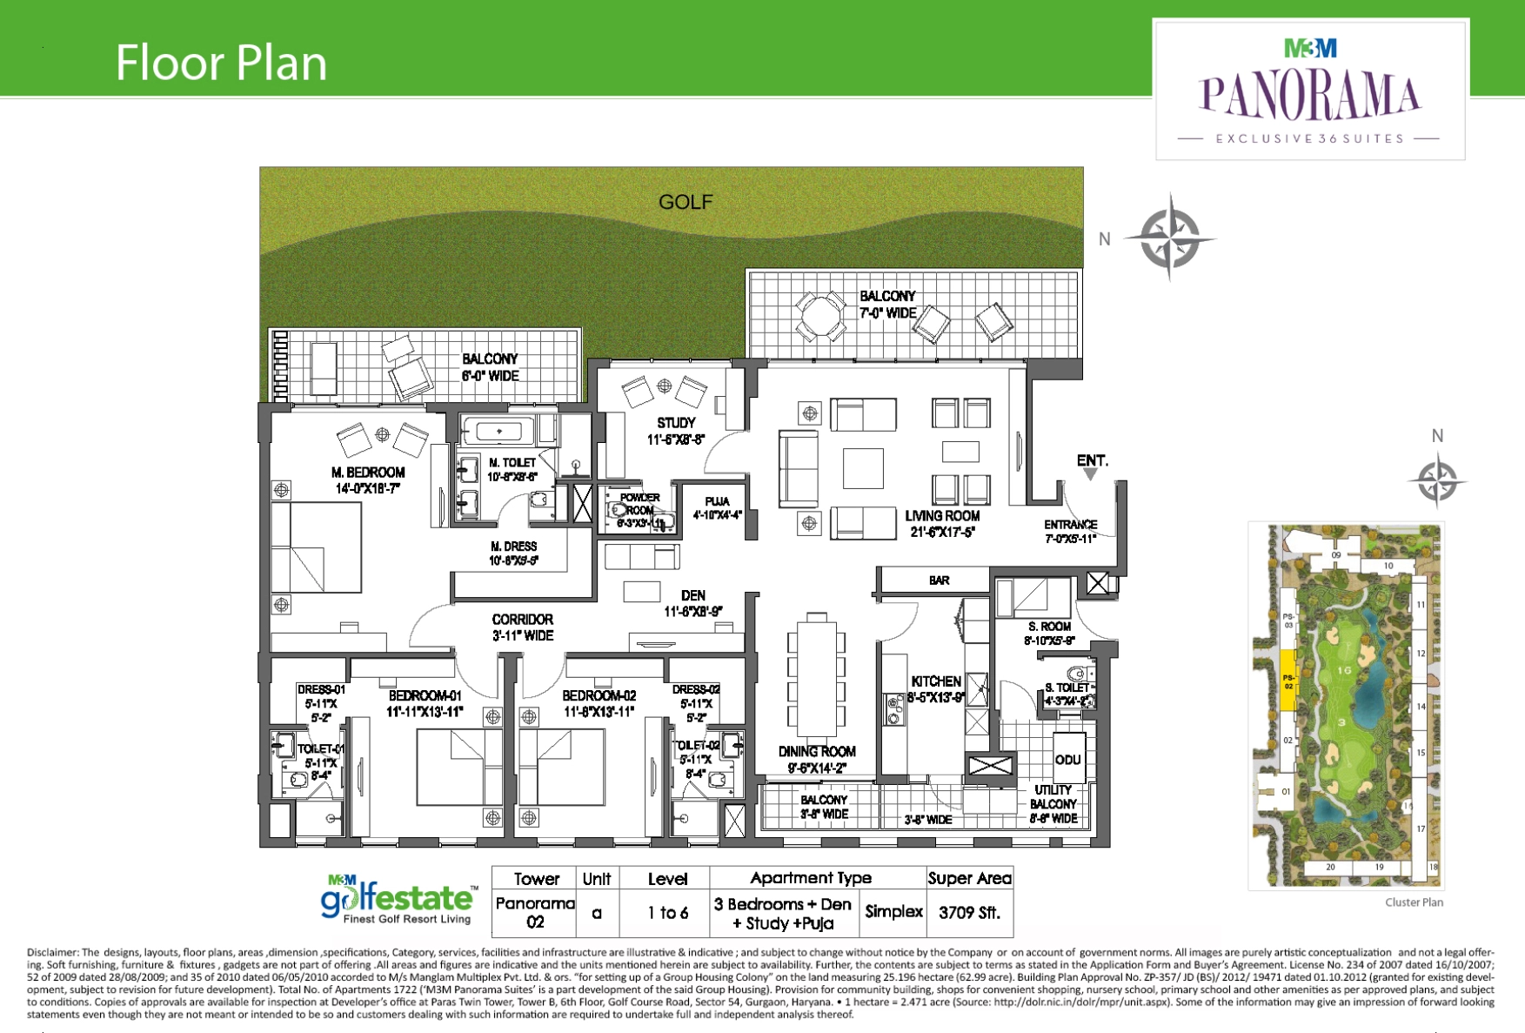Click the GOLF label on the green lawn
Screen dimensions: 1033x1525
point(686,202)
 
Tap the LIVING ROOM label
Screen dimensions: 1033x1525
point(942,516)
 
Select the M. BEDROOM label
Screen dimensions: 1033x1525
point(368,473)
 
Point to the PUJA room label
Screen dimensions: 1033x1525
point(717,501)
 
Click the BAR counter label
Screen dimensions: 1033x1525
point(939,580)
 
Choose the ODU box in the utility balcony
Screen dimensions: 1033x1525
point(1067,760)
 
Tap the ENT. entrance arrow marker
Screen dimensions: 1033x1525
point(1091,473)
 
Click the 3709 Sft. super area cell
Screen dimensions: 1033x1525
point(969,913)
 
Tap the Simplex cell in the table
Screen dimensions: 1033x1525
point(893,912)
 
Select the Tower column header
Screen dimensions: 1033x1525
point(537,879)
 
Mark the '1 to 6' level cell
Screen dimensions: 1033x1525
point(667,913)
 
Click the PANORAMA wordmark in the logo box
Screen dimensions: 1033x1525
point(1309,96)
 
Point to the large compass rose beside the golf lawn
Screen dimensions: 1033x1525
point(1170,238)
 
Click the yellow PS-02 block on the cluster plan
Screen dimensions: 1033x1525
point(1288,681)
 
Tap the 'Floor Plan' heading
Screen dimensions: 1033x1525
point(221,63)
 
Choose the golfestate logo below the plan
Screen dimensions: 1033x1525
point(399,900)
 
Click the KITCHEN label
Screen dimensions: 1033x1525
point(936,681)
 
